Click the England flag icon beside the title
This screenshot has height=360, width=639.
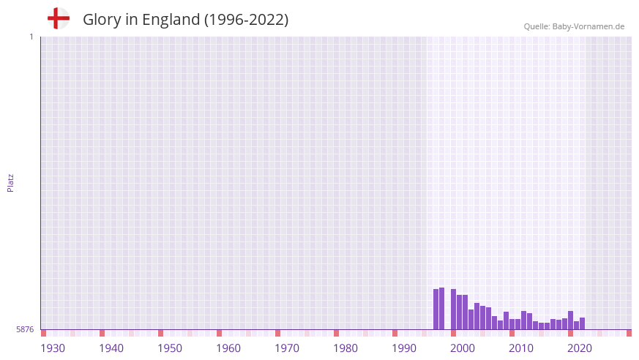click(58, 18)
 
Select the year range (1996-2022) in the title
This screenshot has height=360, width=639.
click(246, 20)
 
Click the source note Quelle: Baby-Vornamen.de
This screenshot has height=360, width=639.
click(574, 26)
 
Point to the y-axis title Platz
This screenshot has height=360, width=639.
click(10, 183)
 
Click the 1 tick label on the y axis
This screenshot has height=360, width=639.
click(31, 37)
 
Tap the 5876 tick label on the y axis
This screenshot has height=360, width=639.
click(25, 330)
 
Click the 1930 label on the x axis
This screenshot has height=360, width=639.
click(53, 348)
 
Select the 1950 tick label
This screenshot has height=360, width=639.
click(170, 348)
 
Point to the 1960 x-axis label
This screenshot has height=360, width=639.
click(228, 348)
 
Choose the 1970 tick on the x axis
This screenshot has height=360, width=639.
click(287, 348)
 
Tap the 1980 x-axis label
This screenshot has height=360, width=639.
click(345, 348)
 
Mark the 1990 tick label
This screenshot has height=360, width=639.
click(404, 348)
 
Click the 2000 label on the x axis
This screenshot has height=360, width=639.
click(463, 348)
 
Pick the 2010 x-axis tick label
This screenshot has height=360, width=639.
click(521, 348)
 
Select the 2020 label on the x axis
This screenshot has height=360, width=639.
click(580, 348)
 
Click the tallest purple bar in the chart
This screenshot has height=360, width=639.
click(441, 309)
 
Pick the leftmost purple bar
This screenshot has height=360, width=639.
click(436, 310)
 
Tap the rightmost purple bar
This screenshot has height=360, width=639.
click(582, 323)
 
